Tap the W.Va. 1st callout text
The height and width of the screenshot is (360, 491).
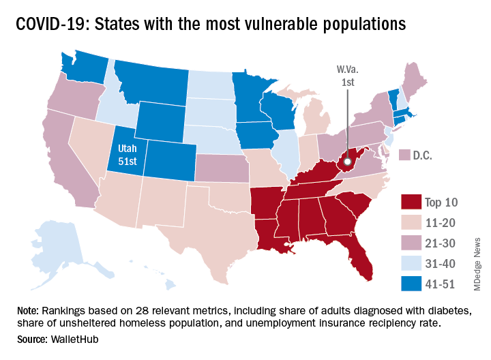click(x=346, y=76)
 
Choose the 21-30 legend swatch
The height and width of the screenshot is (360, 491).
click(x=409, y=242)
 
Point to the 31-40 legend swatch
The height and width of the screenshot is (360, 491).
click(x=409, y=262)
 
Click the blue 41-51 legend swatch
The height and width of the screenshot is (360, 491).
click(x=409, y=282)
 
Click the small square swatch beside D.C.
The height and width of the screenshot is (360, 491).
click(x=403, y=155)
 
